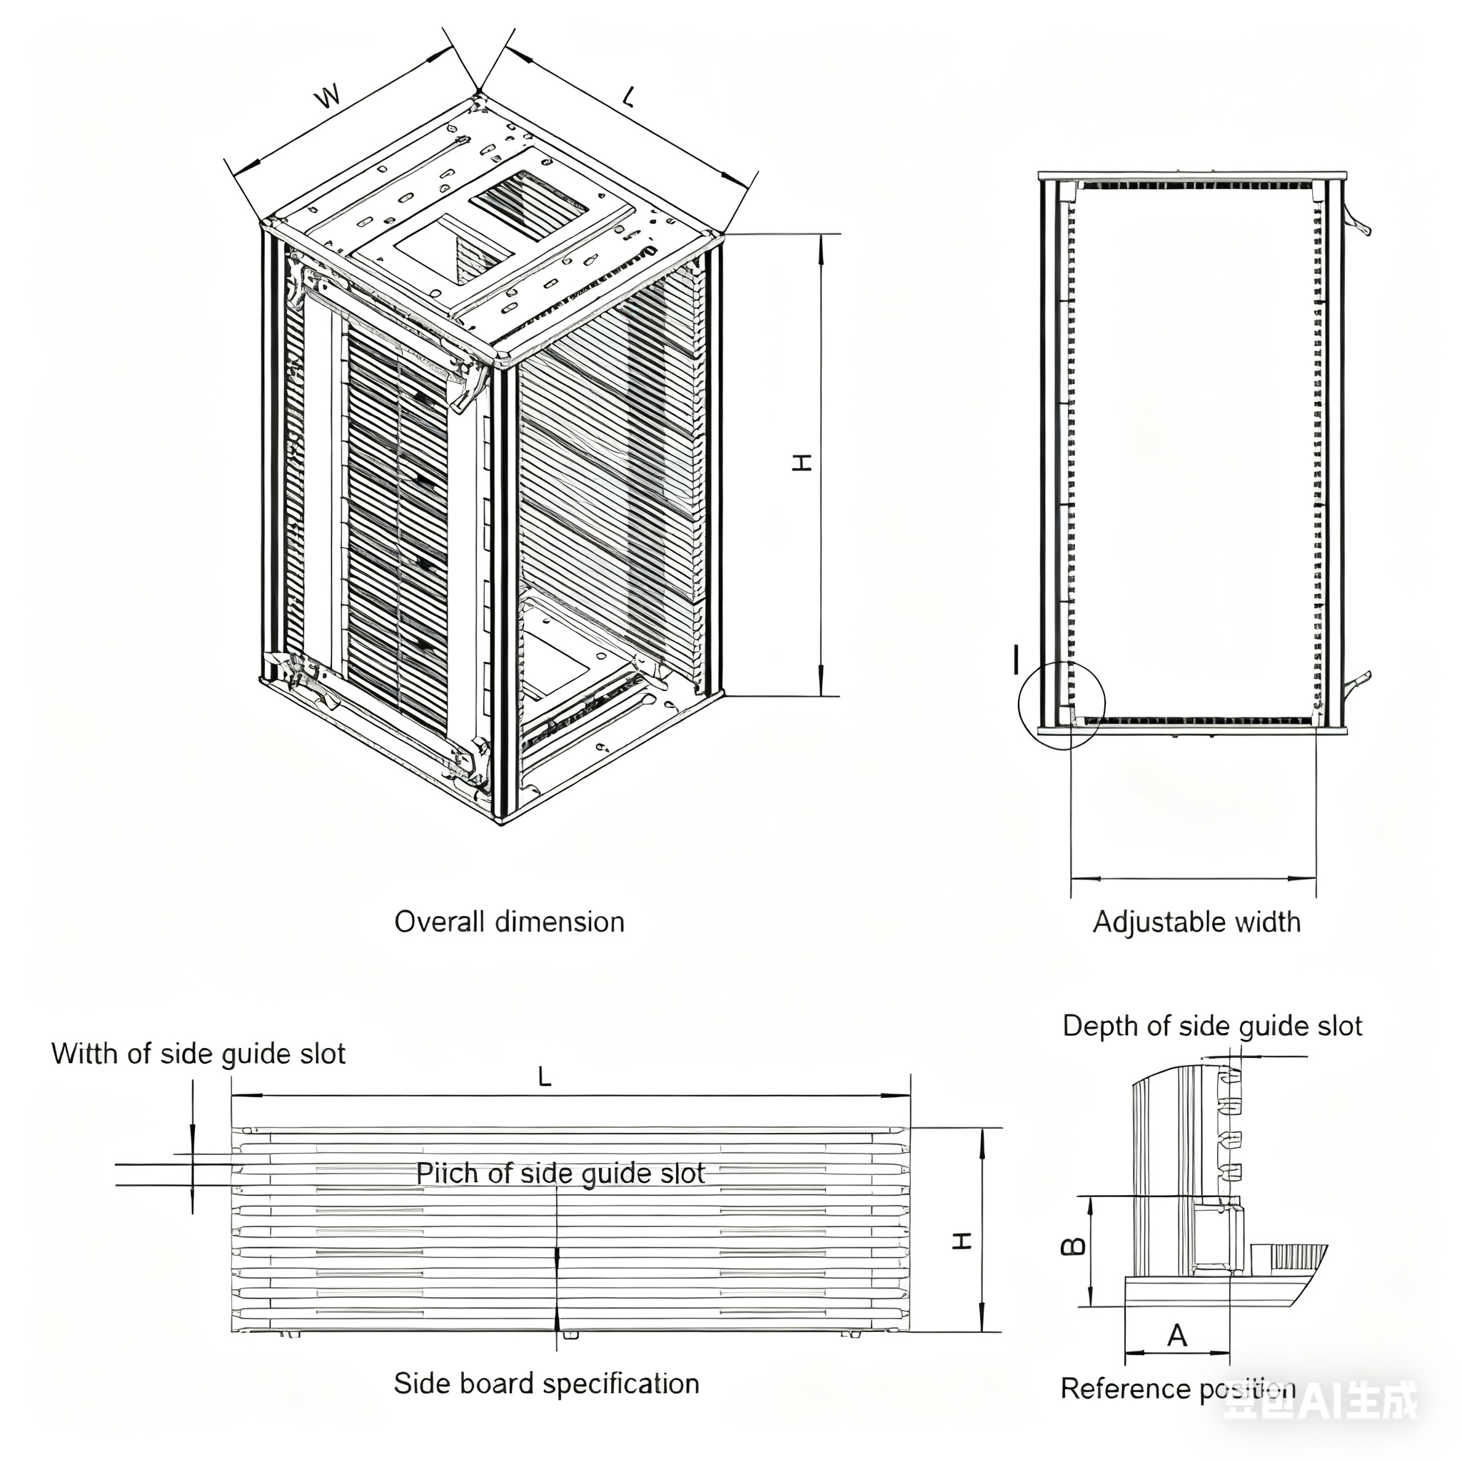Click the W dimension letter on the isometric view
point(328,97)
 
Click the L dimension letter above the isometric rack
point(629,97)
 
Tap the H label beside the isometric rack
point(802,463)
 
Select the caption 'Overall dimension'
point(509,922)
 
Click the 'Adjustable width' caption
point(1196,922)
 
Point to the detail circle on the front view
point(1062,705)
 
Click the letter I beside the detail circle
point(1017,659)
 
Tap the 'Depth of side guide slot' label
point(1211,1026)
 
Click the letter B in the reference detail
point(1074,1246)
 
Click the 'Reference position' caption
point(1177,1388)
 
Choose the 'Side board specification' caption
point(546,1383)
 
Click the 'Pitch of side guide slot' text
point(560,1173)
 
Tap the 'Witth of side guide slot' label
point(198,1054)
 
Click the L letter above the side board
point(544,1077)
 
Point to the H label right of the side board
point(962,1241)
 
